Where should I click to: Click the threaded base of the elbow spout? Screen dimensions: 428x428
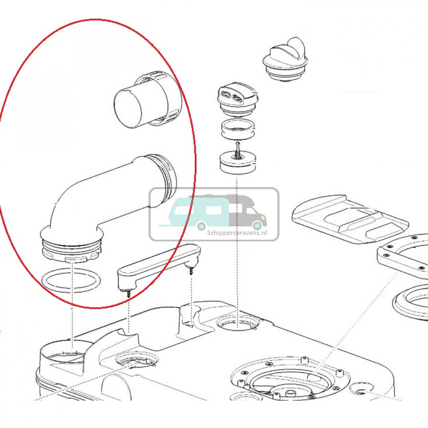(72, 250)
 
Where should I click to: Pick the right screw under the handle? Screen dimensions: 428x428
(191, 271)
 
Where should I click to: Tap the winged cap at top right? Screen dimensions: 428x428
(285, 59)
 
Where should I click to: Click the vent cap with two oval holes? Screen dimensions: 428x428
(238, 99)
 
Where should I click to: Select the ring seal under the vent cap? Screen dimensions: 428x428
(238, 129)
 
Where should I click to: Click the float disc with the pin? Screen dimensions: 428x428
(238, 161)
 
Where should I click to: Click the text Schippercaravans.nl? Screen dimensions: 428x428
(237, 233)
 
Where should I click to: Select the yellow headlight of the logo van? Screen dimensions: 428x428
(263, 217)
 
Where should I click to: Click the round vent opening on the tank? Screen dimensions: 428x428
(238, 323)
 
